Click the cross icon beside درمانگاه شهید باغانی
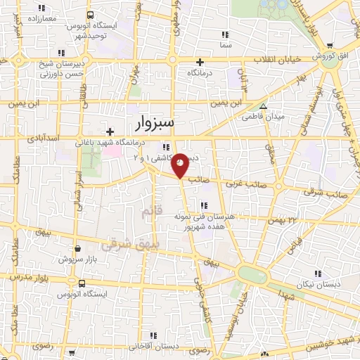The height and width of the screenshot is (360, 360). click(110, 131)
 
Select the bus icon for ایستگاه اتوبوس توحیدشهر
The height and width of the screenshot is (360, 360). click(90, 15)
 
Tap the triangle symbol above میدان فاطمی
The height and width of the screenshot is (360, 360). click(263, 107)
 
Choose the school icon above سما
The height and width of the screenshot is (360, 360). click(225, 34)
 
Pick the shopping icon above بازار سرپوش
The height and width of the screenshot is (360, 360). click(77, 248)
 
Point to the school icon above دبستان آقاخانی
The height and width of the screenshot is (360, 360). click(134, 337)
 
